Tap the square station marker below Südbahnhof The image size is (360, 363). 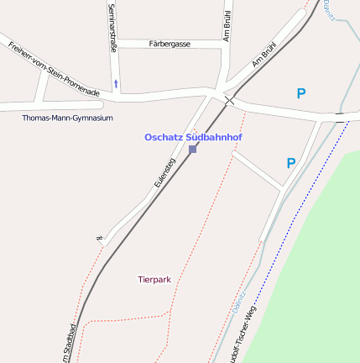coord(193,149)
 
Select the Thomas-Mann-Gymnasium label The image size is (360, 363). coord(67,118)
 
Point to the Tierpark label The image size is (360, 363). coord(154,278)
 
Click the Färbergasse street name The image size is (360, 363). coord(170,43)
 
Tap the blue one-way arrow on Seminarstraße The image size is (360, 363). coord(116,83)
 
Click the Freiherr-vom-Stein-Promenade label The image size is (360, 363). coord(55,67)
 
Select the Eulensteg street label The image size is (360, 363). coord(164,172)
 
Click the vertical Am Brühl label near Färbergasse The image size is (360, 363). coord(227,25)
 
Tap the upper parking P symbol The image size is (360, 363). coord(301,94)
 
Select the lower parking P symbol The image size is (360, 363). coord(291,163)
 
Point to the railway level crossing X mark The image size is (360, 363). coord(228,101)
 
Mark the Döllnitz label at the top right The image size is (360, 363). coord(326,8)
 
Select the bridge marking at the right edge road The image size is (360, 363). coord(340,118)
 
